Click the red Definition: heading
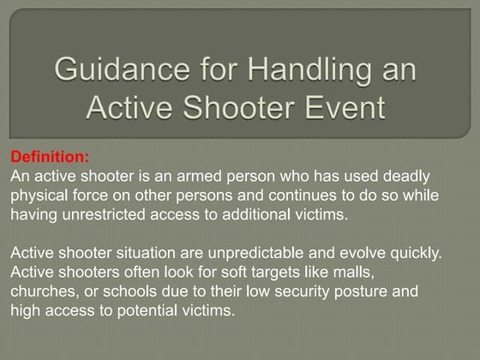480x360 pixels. [49, 157]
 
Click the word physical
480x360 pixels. [41, 195]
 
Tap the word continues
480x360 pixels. [293, 195]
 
